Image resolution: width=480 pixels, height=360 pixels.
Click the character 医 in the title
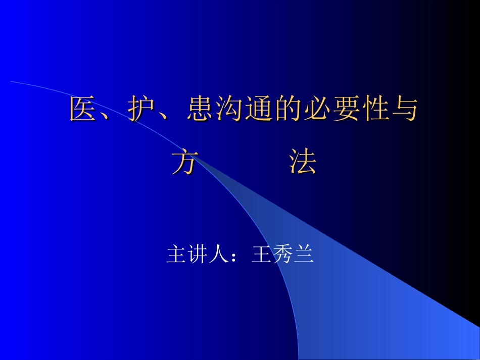(83, 109)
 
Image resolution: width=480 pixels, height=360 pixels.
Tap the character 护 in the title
(141, 109)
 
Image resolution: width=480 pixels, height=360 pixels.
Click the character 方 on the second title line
(184, 162)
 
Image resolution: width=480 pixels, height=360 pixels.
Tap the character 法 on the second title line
(303, 162)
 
